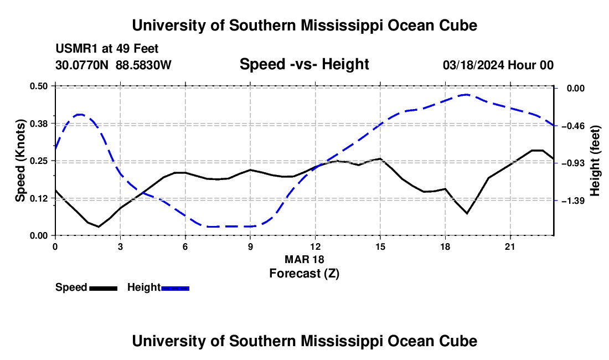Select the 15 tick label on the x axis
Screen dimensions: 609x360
pos(380,246)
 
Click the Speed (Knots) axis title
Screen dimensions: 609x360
pos(20,161)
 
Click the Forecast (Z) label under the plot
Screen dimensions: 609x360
pos(304,274)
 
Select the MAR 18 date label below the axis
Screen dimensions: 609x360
pos(304,259)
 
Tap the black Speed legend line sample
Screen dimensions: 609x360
pos(104,289)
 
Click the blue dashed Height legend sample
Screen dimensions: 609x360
pos(175,289)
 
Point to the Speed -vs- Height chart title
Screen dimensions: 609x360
pos(304,64)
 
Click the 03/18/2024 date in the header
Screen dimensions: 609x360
pos(473,65)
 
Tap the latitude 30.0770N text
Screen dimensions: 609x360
pos(81,65)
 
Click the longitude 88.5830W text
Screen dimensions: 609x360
pos(143,65)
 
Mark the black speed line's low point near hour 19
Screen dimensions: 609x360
pos(467,213)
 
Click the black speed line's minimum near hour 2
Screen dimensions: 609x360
pos(99,227)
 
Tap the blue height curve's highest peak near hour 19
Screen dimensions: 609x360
pos(466,94)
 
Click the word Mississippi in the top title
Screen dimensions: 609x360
pos(342,25)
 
